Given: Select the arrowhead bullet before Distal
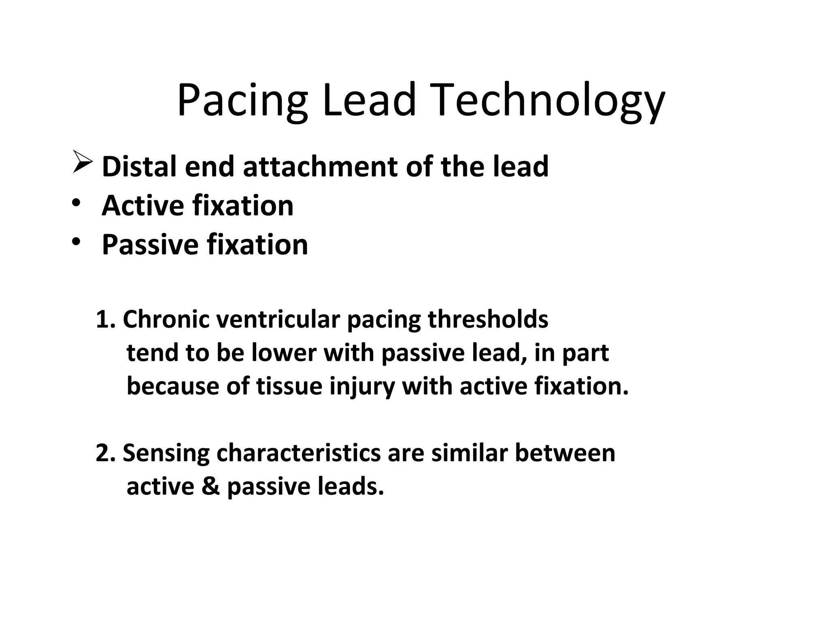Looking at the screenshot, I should (83, 162).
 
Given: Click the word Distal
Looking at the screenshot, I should (139, 166).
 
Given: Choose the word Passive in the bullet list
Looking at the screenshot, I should (150, 245).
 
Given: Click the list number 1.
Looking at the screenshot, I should (104, 320).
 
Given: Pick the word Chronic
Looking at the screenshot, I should (166, 320).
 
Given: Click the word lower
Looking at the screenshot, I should (283, 353).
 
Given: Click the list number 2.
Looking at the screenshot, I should (104, 453).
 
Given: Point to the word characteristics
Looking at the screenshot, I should (298, 453).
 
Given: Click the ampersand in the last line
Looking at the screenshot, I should (210, 486).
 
